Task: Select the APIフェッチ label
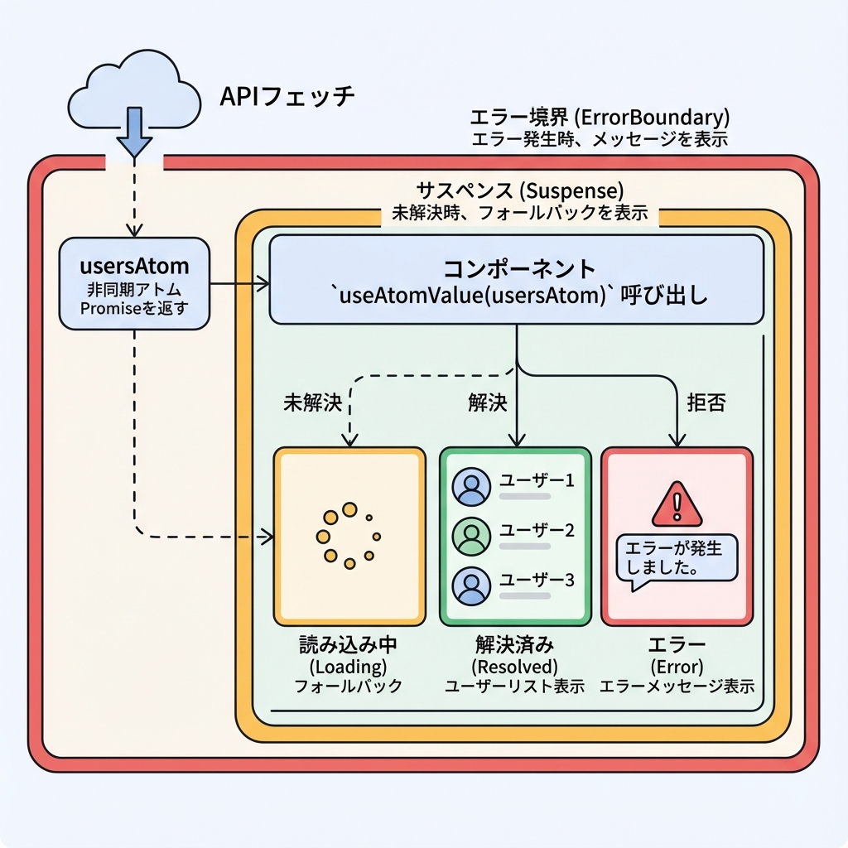tap(287, 97)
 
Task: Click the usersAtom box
tap(134, 284)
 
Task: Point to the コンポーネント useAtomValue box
tap(516, 280)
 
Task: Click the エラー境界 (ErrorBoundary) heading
tap(600, 117)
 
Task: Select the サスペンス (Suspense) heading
tap(520, 190)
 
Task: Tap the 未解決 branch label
tap(312, 402)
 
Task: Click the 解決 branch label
tap(487, 402)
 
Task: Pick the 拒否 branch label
tap(706, 402)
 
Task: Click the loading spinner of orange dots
tap(349, 536)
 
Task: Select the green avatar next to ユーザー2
tap(472, 536)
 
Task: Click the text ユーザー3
tap(537, 581)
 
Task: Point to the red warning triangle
tap(677, 505)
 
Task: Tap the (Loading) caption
tap(349, 667)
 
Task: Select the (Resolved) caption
tap(514, 667)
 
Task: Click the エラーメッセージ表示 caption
tap(677, 687)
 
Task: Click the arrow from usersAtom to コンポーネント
tap(240, 285)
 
